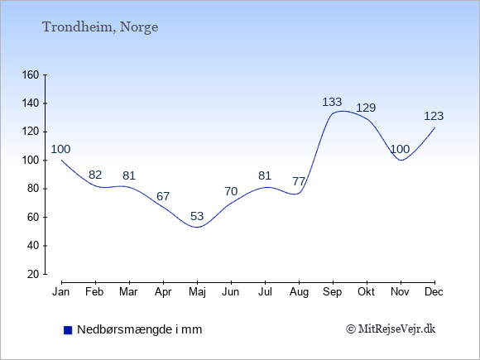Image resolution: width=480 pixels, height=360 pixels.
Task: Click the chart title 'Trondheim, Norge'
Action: click(100, 27)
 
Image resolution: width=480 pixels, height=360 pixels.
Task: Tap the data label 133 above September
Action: click(332, 102)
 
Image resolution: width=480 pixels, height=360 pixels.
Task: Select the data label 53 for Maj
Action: click(197, 217)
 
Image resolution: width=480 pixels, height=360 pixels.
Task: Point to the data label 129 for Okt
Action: click(366, 108)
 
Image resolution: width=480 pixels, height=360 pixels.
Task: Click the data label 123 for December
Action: click(434, 117)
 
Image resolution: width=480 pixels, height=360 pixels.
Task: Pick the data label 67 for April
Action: click(163, 196)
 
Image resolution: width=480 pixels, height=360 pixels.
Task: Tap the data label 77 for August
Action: click(299, 181)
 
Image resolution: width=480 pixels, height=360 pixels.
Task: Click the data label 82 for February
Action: click(95, 175)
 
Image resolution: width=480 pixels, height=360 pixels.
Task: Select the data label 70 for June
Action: click(231, 192)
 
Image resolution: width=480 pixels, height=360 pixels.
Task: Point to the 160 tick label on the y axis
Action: click(31, 75)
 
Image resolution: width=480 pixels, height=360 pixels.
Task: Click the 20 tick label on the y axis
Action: click(33, 274)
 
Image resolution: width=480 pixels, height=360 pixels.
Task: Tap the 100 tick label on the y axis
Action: click(31, 161)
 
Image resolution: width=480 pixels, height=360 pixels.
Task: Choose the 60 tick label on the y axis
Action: click(33, 218)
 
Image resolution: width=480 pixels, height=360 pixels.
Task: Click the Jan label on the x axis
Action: click(61, 292)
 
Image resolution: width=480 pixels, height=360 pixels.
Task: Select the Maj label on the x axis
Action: click(197, 292)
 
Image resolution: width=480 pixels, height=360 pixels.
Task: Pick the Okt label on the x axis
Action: click(366, 292)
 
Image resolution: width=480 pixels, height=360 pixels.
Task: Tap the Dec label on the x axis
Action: click(434, 292)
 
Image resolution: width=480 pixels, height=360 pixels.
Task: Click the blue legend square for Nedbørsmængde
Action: click(68, 330)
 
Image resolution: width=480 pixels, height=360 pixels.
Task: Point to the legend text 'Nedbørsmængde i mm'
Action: click(140, 329)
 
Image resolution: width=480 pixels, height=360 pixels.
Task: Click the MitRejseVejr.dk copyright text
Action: click(391, 329)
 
